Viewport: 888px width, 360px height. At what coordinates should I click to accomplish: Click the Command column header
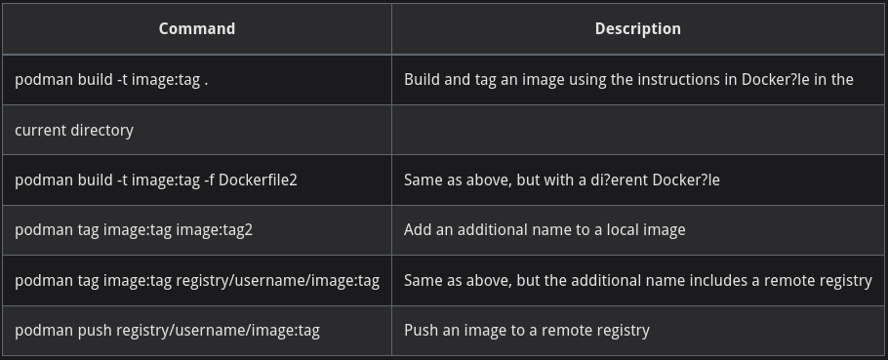196,29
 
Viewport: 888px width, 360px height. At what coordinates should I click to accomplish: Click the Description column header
637,29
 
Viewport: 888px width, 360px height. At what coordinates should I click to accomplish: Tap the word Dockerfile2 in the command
258,180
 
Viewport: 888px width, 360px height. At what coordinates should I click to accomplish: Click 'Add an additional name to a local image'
545,230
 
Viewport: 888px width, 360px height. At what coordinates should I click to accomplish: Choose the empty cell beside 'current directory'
637,130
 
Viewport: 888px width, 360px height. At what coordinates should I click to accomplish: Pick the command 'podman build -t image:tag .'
111,80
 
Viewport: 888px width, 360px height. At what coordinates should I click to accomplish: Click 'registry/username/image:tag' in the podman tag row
277,281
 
